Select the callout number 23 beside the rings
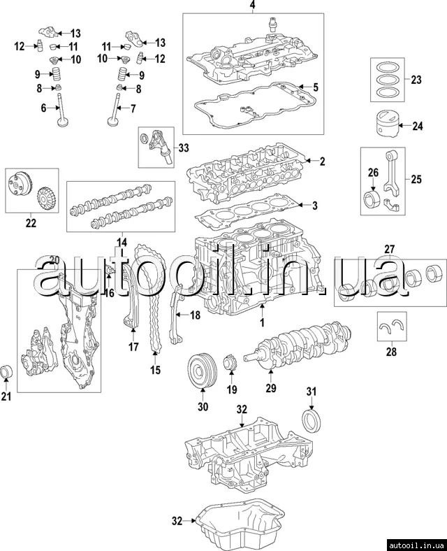click(416, 80)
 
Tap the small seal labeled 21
click(8, 371)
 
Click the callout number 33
click(183, 148)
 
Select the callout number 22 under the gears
click(30, 223)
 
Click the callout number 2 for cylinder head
click(323, 162)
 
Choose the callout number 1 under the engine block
click(262, 324)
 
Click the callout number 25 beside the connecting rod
click(416, 180)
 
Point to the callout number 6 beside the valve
click(43, 108)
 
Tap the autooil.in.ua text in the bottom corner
click(415, 543)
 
